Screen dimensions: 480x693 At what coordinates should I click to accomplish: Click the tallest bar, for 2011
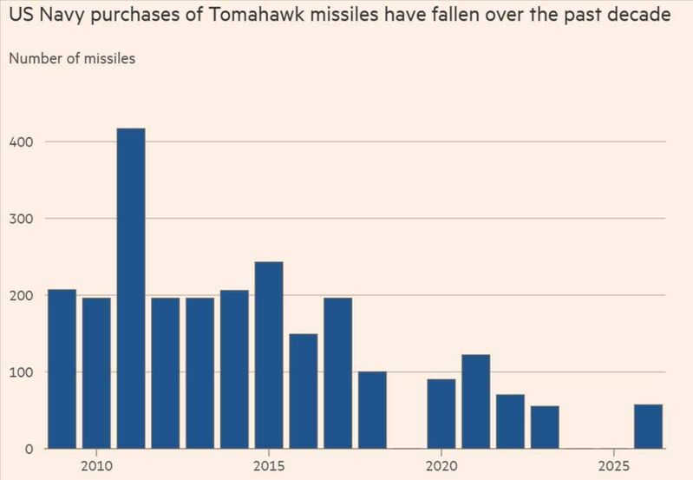tap(131, 288)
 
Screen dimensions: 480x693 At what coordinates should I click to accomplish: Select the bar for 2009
tap(62, 369)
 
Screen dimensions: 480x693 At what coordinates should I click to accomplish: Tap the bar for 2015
tap(269, 355)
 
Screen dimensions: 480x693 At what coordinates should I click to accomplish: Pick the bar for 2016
tap(304, 391)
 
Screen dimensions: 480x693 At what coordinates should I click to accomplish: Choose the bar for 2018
tap(372, 410)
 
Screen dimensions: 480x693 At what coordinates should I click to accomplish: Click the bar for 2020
tap(441, 414)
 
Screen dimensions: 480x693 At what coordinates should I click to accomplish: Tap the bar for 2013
tap(199, 373)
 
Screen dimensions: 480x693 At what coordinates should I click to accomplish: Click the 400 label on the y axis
tap(23, 141)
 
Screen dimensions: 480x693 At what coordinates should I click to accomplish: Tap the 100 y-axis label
tap(23, 372)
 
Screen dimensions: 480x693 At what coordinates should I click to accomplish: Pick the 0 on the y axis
tap(29, 449)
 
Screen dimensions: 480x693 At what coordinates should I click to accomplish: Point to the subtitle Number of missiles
tap(72, 59)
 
